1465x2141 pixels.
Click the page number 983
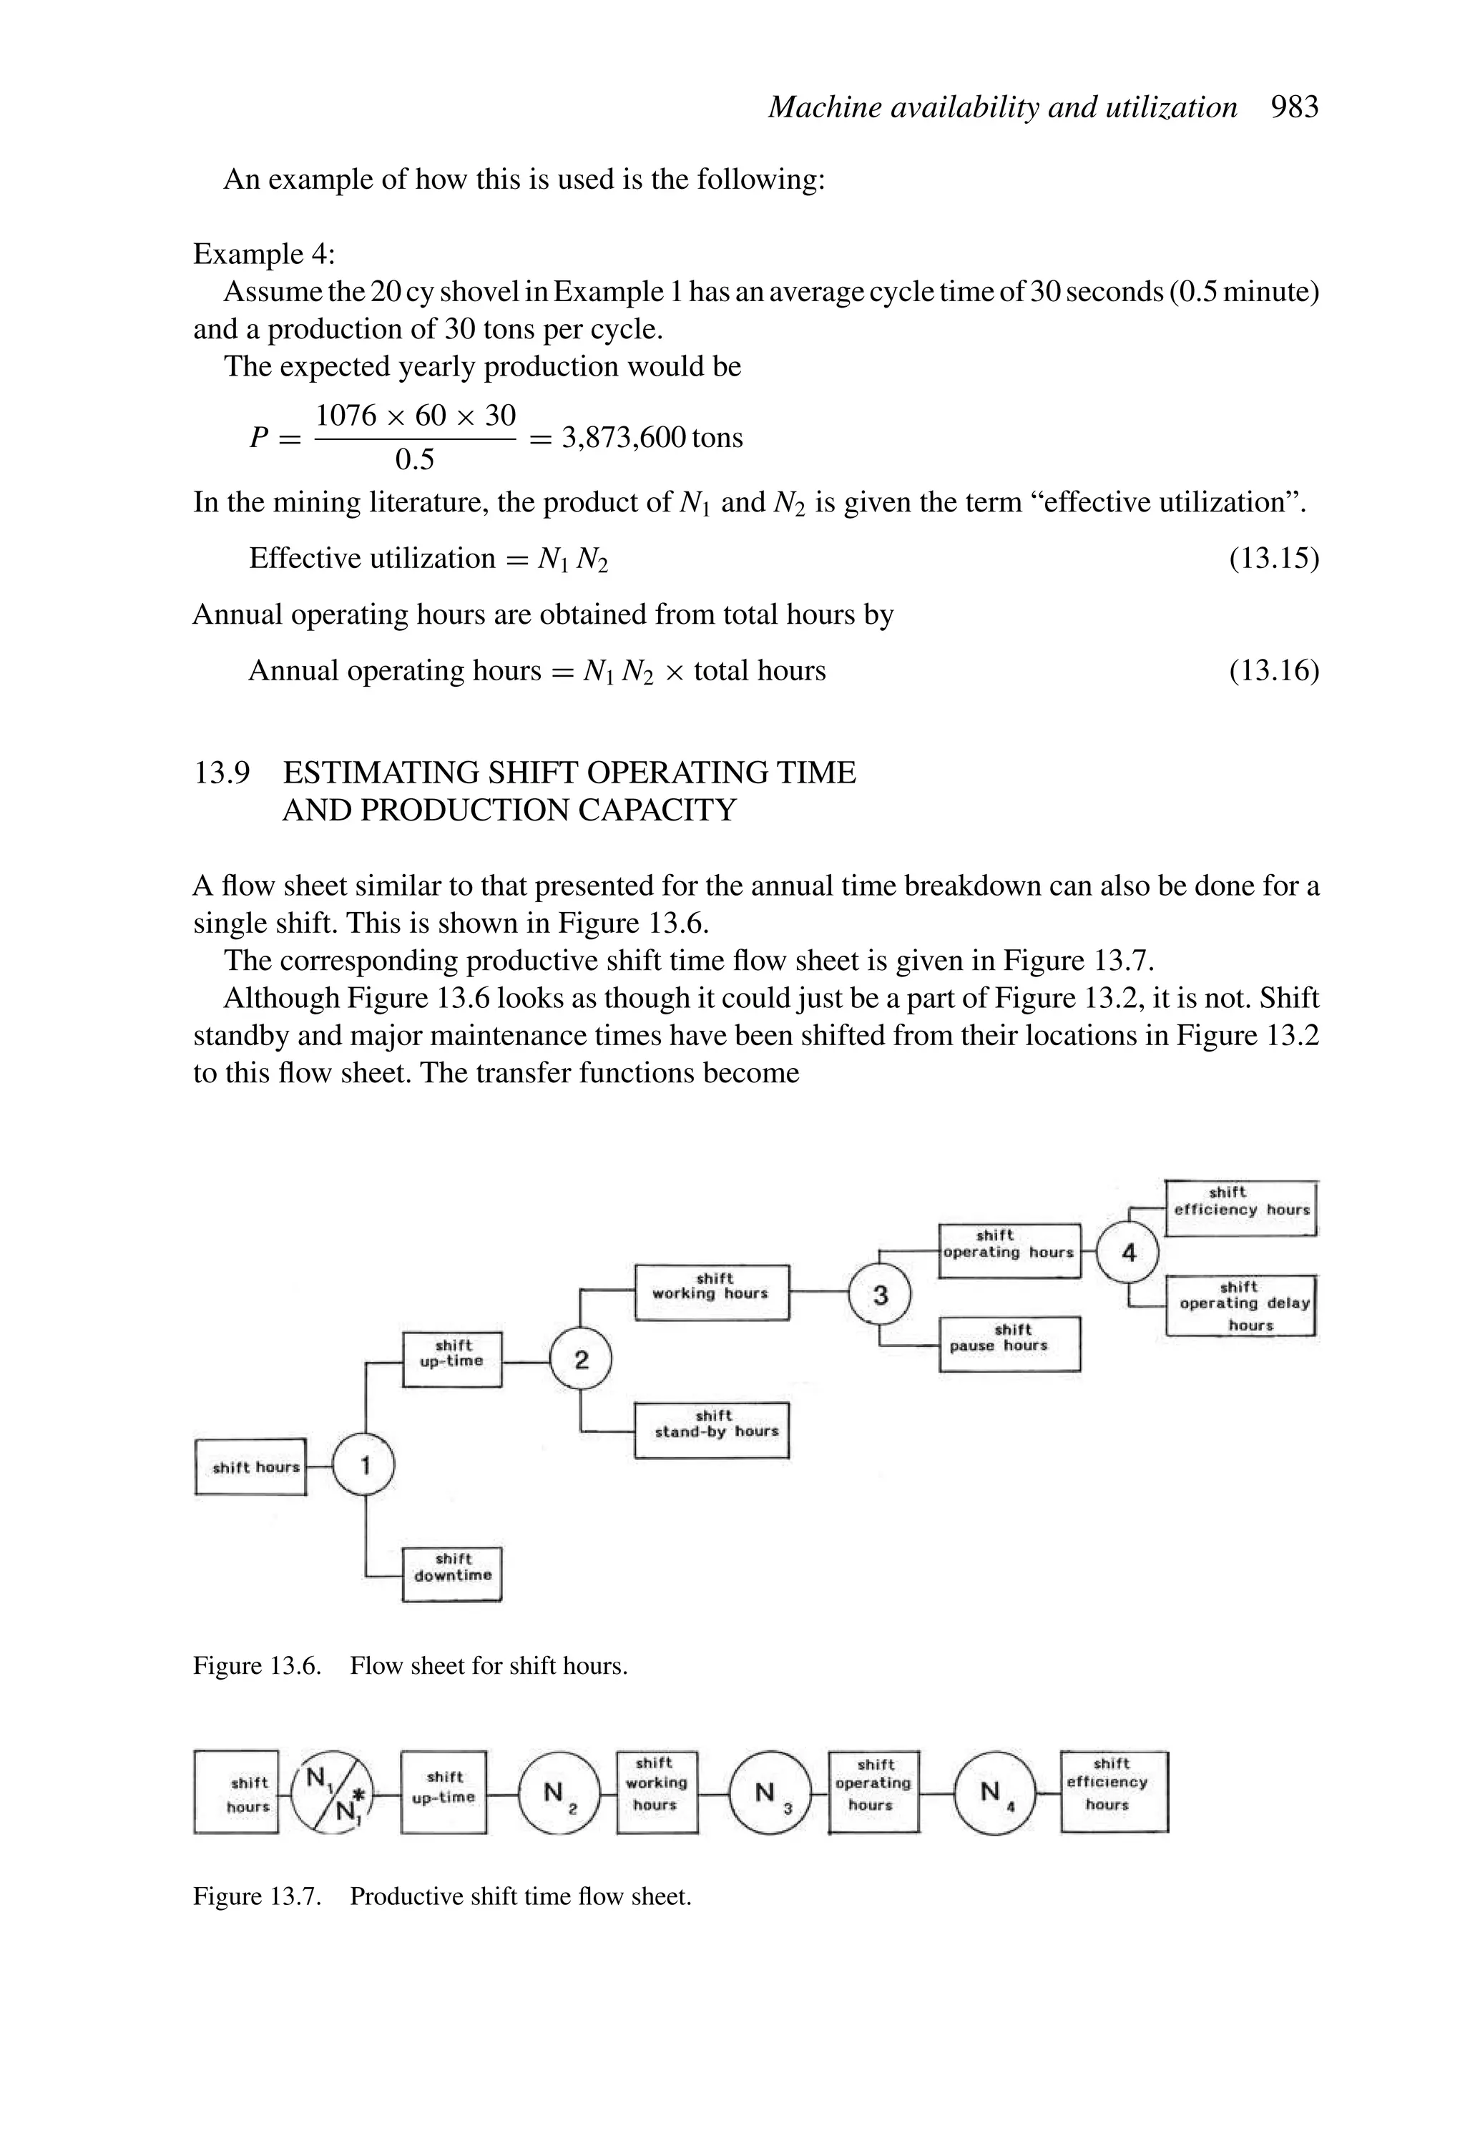(x=1295, y=108)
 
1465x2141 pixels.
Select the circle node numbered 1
(x=364, y=1465)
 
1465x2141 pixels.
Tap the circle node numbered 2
(x=580, y=1360)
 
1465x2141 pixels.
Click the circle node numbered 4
(x=1129, y=1252)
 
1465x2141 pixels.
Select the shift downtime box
(x=452, y=1574)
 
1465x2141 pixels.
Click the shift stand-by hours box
(x=712, y=1430)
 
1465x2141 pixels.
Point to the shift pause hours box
(x=1010, y=1344)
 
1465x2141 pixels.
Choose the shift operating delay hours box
(x=1241, y=1305)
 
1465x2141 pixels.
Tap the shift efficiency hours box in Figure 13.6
(x=1241, y=1207)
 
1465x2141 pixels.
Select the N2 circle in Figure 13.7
(x=559, y=1793)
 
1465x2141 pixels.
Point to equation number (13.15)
(x=1273, y=558)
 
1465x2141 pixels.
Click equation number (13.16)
(x=1273, y=671)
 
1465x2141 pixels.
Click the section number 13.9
(x=221, y=772)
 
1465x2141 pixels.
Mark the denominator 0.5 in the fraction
(x=415, y=459)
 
